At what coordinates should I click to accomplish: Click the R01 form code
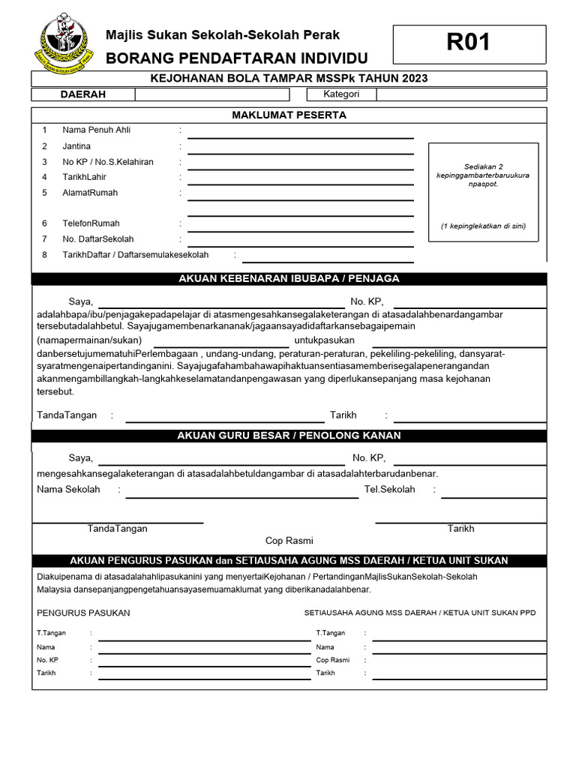pyautogui.click(x=469, y=43)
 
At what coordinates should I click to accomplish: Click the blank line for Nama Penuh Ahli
pyautogui.click(x=300, y=135)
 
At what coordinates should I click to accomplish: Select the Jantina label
pyautogui.click(x=76, y=146)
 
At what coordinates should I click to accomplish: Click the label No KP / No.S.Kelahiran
pyautogui.click(x=108, y=162)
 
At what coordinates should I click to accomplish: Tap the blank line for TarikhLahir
pyautogui.click(x=300, y=182)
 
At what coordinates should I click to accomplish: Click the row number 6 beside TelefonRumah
pyautogui.click(x=44, y=223)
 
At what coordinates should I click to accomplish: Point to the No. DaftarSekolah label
pyautogui.click(x=98, y=239)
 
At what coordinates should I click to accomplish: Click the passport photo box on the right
pyautogui.click(x=483, y=192)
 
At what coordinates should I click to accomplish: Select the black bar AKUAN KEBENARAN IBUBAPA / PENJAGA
pyautogui.click(x=289, y=278)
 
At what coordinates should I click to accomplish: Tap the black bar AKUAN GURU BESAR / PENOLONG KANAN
pyautogui.click(x=289, y=436)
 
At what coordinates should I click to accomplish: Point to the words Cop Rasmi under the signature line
pyautogui.click(x=289, y=541)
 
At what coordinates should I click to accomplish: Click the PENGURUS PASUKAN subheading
pyautogui.click(x=83, y=613)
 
